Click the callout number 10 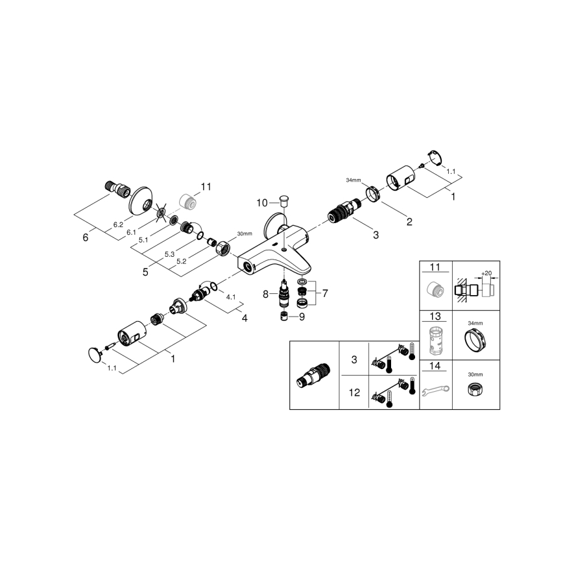tap(261, 202)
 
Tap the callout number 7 tap(325, 293)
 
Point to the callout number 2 tap(409, 221)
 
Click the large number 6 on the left tap(85, 237)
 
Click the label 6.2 tap(118, 224)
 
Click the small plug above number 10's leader tap(283, 196)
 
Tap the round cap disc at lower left tap(96, 353)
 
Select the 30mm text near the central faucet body tap(244, 234)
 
